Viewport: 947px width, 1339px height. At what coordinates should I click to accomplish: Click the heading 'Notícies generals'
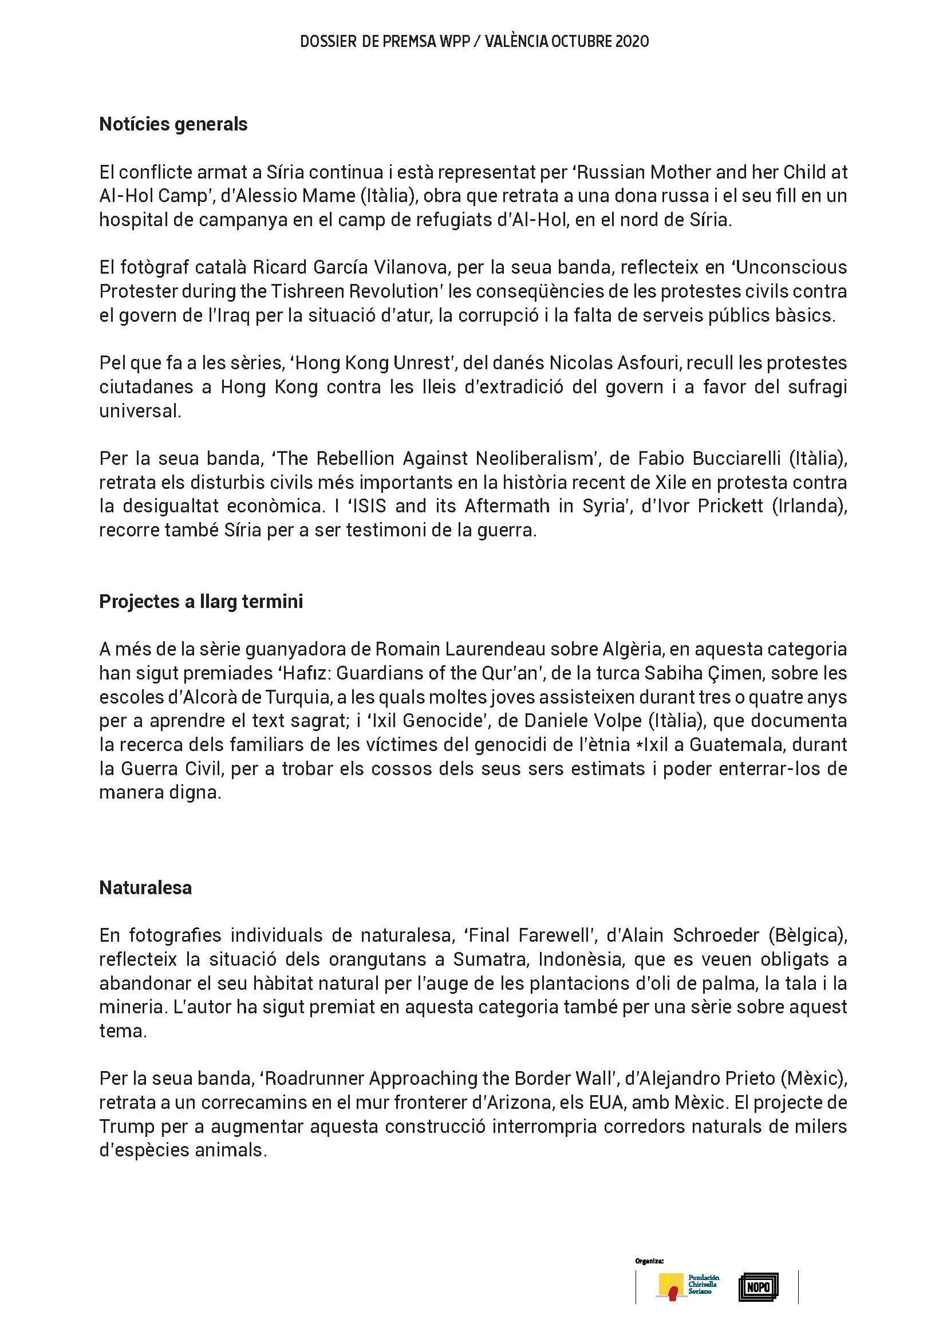pyautogui.click(x=173, y=124)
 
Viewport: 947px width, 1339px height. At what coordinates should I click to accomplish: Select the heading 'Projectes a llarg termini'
pyautogui.click(x=200, y=601)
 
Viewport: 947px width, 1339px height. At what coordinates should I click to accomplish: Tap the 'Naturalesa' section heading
pyautogui.click(x=145, y=888)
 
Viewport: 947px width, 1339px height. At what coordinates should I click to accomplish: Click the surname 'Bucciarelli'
pyautogui.click(x=736, y=459)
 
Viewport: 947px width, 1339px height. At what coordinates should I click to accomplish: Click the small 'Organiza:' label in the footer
pyautogui.click(x=649, y=1261)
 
